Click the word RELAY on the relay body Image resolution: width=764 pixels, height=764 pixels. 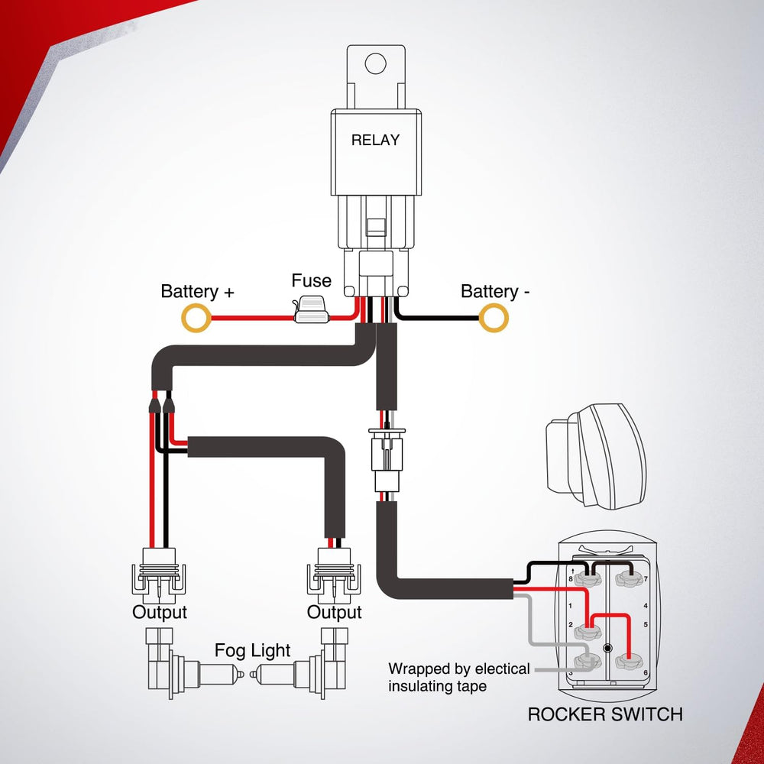375,141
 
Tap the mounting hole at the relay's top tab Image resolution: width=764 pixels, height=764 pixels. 375,63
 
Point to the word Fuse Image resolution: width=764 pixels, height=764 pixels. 311,280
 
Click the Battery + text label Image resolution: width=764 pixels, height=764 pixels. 197,292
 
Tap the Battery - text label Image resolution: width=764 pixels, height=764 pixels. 495,292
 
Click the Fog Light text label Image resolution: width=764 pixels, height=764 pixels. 252,651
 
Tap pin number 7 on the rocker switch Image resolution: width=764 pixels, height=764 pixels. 646,580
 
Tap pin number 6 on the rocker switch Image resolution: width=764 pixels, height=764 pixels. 646,672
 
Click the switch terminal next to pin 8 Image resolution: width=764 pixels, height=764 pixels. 589,578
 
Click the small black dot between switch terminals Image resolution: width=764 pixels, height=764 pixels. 608,648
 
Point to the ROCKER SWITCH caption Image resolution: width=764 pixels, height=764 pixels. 604,715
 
